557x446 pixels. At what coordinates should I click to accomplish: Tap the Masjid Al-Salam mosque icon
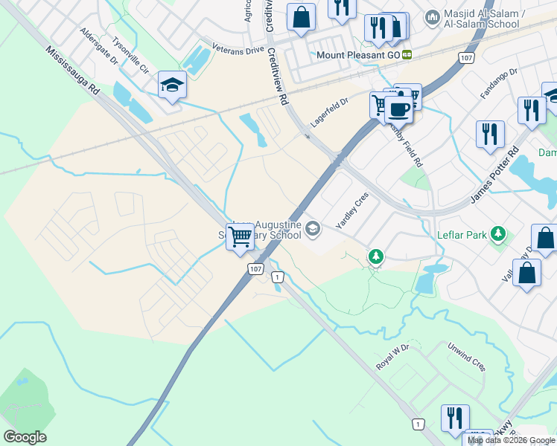coord(433,16)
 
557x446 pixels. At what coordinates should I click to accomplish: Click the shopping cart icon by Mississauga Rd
coord(241,237)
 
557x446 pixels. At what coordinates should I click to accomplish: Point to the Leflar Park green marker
coord(498,235)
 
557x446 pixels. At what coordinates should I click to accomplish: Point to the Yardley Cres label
coord(352,210)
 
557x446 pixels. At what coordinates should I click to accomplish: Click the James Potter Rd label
coord(494,177)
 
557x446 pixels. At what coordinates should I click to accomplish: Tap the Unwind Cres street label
coord(466,357)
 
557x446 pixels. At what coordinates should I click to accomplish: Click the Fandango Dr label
coord(499,83)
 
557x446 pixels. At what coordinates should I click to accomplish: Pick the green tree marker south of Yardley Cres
coord(376,257)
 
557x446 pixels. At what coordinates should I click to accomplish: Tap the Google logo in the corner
coord(25,437)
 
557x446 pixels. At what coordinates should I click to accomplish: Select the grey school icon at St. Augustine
coord(313,230)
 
